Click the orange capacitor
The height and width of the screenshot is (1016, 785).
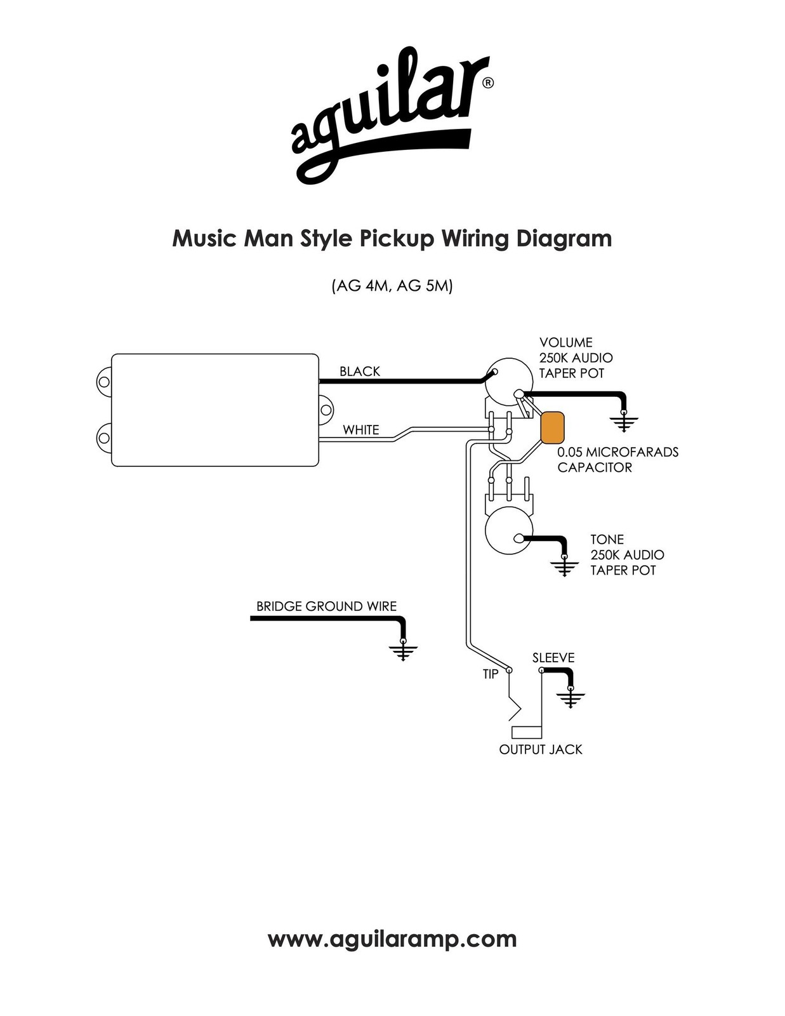(x=552, y=427)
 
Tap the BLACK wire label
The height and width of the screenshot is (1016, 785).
(x=360, y=371)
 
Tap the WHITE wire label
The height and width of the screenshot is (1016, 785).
(x=360, y=430)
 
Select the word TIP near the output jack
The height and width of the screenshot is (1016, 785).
(x=491, y=674)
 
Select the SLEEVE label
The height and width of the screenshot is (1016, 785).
(x=553, y=658)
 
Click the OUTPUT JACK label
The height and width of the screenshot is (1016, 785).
(x=541, y=749)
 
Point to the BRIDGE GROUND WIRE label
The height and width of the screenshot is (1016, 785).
(x=326, y=606)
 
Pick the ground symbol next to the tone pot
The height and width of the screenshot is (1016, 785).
(x=564, y=566)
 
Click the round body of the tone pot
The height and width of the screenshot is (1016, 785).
(x=509, y=532)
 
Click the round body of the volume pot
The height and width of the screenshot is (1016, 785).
(x=509, y=381)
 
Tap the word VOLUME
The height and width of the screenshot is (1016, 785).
(x=566, y=342)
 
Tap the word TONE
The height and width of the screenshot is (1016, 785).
(x=607, y=540)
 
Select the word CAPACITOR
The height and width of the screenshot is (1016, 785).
(x=595, y=467)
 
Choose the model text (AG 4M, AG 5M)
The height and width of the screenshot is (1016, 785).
(x=392, y=286)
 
